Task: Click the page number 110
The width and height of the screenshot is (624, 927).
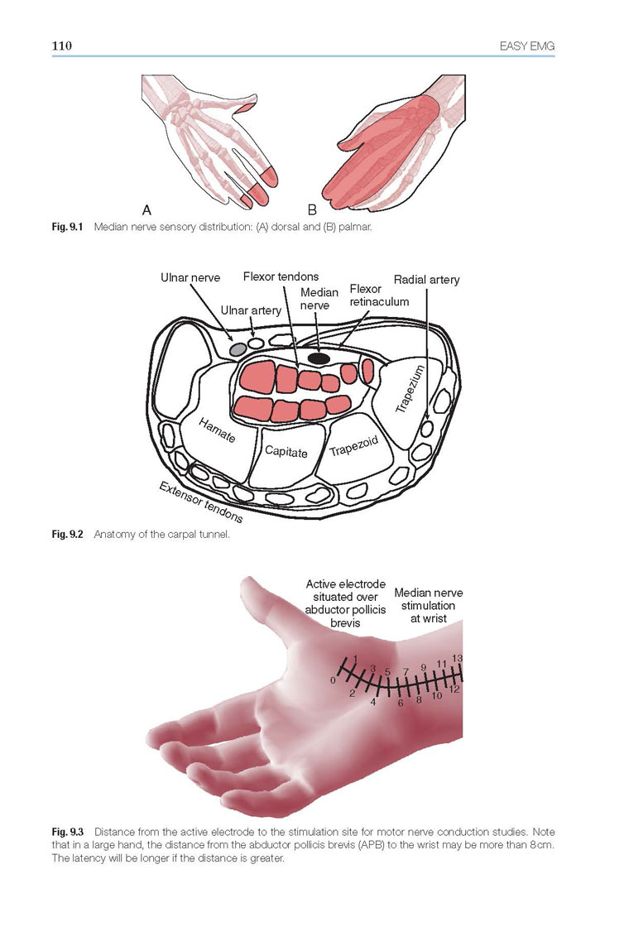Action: (62, 46)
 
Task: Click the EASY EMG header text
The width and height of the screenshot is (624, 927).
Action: (526, 46)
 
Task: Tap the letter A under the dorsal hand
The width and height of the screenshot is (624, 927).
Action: (147, 210)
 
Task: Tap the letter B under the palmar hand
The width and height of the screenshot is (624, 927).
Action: (312, 210)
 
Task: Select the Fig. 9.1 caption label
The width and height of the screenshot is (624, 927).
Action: (68, 227)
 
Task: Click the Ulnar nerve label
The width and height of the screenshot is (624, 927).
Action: (190, 277)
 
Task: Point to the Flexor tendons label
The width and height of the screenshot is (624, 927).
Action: (281, 276)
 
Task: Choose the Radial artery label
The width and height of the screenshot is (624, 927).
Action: (427, 280)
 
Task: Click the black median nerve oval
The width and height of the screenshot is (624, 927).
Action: (319, 358)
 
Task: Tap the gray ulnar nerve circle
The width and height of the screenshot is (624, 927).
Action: (238, 348)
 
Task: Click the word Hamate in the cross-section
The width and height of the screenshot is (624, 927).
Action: (217, 430)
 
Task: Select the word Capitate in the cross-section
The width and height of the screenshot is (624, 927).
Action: (286, 452)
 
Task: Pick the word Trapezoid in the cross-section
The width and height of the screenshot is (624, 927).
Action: (354, 447)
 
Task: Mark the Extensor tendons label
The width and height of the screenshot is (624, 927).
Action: (201, 502)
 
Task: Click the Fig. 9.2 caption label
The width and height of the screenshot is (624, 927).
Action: (68, 535)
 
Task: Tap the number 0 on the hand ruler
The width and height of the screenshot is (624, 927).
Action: (334, 680)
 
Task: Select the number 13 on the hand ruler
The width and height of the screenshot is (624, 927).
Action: (458, 658)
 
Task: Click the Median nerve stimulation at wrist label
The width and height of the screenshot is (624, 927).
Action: (429, 605)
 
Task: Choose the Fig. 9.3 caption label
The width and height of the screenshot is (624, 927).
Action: (68, 831)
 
